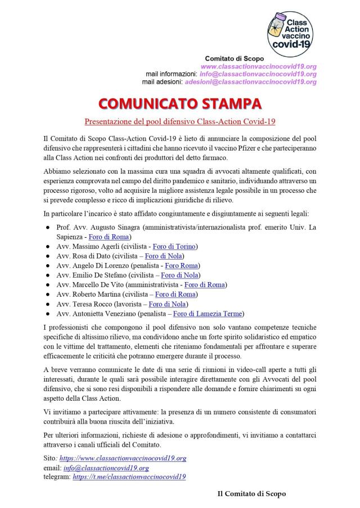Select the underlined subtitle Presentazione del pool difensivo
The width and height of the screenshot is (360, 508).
point(179,121)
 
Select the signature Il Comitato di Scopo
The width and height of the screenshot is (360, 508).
point(252,493)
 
